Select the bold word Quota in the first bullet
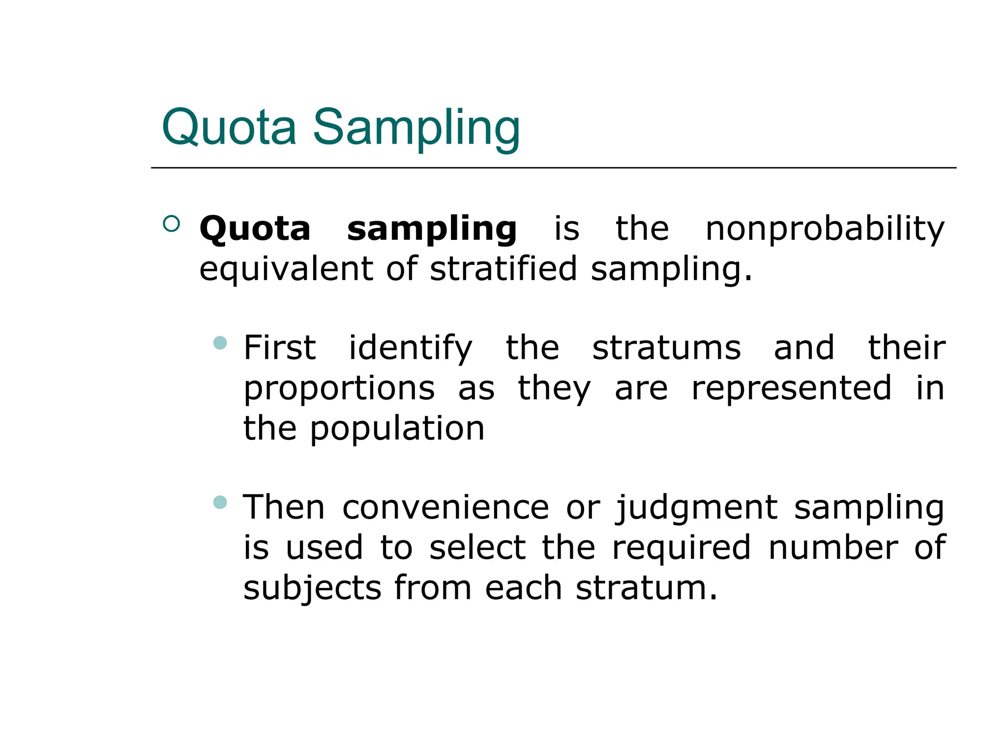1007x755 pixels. coord(255,229)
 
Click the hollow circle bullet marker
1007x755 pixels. coord(171,224)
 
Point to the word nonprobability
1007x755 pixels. coord(825,230)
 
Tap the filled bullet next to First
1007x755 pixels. coord(220,343)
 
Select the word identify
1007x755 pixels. coord(410,349)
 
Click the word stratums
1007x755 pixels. coord(666,348)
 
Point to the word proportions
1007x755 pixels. coord(339,389)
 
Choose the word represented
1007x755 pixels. coord(791,388)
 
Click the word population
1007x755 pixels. coord(397,429)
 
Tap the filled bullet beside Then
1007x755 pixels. coord(220,502)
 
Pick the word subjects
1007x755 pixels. coord(312,589)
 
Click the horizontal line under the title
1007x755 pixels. coord(553,168)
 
